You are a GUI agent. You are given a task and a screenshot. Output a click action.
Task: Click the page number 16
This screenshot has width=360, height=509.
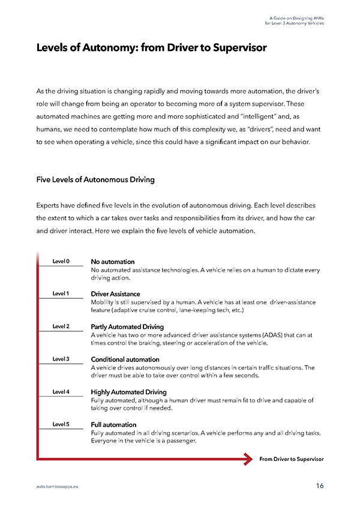(x=319, y=486)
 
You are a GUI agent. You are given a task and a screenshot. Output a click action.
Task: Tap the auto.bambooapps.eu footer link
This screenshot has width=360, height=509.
(x=57, y=486)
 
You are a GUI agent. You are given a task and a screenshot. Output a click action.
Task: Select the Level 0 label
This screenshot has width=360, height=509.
(x=61, y=262)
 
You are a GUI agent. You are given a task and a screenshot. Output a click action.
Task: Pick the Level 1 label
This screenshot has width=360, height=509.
(x=61, y=294)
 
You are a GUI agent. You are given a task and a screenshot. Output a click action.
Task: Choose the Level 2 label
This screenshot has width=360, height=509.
(x=61, y=327)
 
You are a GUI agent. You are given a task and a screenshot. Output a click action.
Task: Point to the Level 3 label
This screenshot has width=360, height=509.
(x=61, y=359)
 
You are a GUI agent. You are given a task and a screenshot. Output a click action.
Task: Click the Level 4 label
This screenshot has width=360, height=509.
(x=61, y=392)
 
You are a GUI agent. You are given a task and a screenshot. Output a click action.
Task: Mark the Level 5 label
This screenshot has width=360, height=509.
(x=61, y=424)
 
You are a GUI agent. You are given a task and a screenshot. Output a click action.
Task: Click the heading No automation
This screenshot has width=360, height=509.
(x=112, y=262)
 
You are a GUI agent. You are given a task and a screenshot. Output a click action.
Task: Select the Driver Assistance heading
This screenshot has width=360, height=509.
(x=115, y=294)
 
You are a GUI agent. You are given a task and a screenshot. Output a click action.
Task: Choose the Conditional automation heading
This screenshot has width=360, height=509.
(x=125, y=360)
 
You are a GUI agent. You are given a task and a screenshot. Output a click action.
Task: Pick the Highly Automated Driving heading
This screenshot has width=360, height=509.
(x=128, y=392)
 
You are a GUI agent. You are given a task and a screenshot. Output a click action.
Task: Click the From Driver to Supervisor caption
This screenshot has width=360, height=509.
(x=291, y=459)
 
